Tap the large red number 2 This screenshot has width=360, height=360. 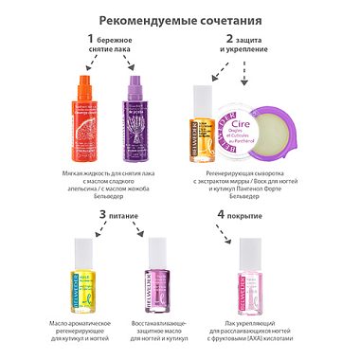228,39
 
